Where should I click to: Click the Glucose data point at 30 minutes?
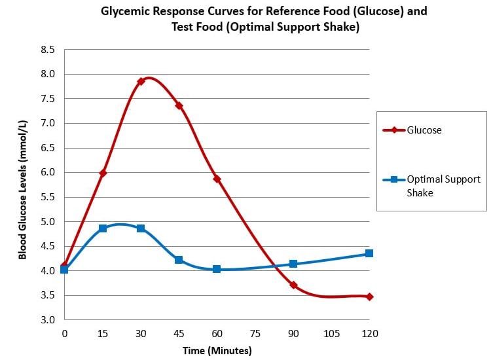click(x=141, y=81)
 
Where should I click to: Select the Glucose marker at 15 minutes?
click(x=103, y=173)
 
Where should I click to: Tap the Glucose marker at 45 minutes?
click(x=179, y=105)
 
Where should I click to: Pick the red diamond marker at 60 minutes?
click(x=217, y=179)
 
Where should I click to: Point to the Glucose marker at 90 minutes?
click(x=293, y=285)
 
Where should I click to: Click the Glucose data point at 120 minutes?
click(x=369, y=297)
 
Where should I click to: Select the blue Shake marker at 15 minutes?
click(x=103, y=228)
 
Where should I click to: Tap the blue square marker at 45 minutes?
click(x=179, y=260)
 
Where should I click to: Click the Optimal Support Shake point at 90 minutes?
click(x=293, y=264)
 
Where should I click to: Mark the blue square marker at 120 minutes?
click(x=369, y=253)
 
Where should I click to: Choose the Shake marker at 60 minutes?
click(x=217, y=269)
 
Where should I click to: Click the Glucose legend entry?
click(x=424, y=130)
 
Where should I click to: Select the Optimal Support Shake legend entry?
click(x=443, y=186)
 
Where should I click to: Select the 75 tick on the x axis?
click(x=255, y=334)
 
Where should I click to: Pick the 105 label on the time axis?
click(x=331, y=334)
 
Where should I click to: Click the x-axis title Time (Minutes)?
click(x=217, y=350)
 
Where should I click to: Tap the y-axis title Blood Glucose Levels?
click(x=22, y=190)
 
